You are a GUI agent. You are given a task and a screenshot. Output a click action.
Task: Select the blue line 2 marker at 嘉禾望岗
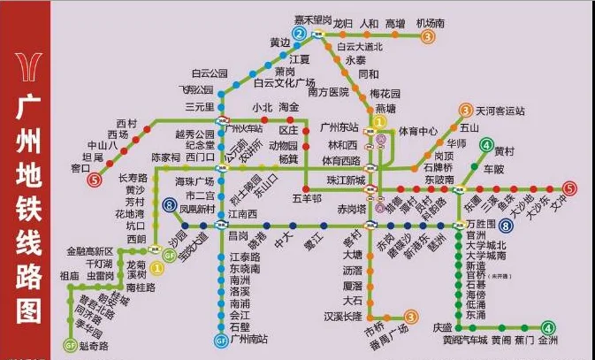click(x=300, y=34)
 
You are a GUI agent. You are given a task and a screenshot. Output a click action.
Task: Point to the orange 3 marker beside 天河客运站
click(x=466, y=111)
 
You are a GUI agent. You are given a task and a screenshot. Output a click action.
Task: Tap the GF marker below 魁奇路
click(x=70, y=344)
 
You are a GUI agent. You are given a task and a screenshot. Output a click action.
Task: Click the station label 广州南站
click(x=248, y=340)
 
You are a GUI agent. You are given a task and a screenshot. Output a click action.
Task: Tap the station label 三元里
click(x=200, y=107)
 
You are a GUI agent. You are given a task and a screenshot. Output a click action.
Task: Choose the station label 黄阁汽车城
click(x=465, y=340)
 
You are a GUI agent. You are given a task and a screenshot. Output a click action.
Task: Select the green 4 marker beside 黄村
click(x=484, y=144)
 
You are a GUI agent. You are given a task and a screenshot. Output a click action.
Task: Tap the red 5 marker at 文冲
click(x=570, y=188)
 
